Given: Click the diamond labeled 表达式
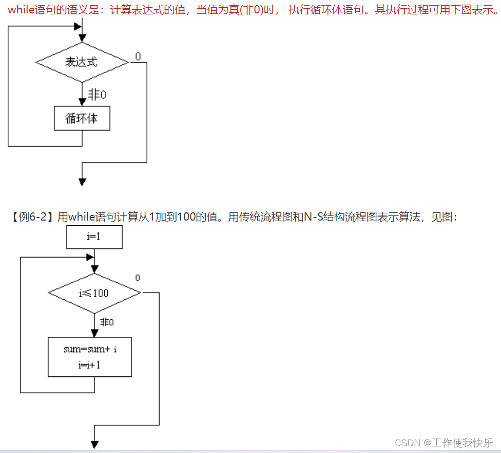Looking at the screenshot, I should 82,62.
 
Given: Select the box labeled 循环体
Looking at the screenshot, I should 82,118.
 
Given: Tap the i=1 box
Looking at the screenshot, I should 94,238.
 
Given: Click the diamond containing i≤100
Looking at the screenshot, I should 94,293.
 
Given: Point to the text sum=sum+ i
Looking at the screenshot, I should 90,349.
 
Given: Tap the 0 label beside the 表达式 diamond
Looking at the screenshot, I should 139,56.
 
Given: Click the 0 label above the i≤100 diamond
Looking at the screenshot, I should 138,278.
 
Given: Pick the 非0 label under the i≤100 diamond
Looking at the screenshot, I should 106,322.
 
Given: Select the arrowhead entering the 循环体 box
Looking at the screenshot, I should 82,102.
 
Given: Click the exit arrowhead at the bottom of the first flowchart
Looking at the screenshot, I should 82,182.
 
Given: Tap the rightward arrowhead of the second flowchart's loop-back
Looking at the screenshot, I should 91,257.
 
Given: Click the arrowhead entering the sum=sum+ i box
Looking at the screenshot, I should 94,333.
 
